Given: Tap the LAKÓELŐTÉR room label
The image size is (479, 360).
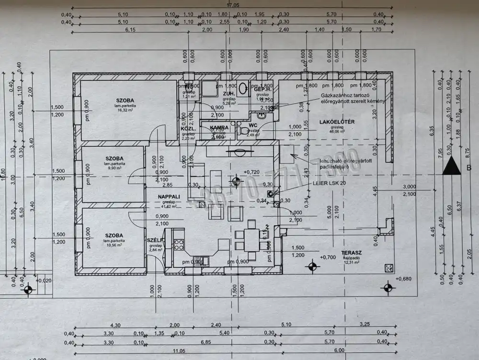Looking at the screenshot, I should (x=337, y=122).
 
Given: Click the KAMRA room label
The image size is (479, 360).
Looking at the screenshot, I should (x=219, y=128).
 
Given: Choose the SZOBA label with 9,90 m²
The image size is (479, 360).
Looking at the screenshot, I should (x=115, y=158).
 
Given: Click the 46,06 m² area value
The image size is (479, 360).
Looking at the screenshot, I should (x=337, y=131).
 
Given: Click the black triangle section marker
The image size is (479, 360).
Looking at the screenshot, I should (x=452, y=168).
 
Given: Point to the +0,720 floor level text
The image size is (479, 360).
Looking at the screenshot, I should (x=251, y=172).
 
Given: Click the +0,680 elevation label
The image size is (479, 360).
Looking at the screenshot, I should (x=404, y=279).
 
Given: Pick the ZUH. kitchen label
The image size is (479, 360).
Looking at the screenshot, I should (x=228, y=93).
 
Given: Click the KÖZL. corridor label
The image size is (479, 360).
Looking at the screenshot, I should (x=186, y=128).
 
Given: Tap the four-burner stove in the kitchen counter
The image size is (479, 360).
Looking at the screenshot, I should (x=179, y=244).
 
